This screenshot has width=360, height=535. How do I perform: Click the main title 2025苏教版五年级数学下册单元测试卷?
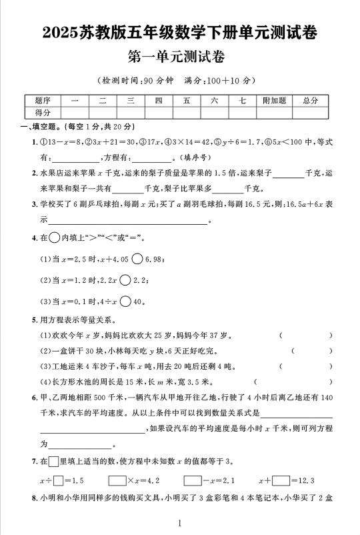[x=179, y=31]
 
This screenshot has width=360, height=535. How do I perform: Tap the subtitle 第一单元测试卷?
[x=179, y=57]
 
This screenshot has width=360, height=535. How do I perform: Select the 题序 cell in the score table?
[x=43, y=101]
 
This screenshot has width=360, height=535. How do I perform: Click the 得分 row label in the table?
[x=43, y=113]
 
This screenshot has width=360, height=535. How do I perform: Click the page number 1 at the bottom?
[x=180, y=524]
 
